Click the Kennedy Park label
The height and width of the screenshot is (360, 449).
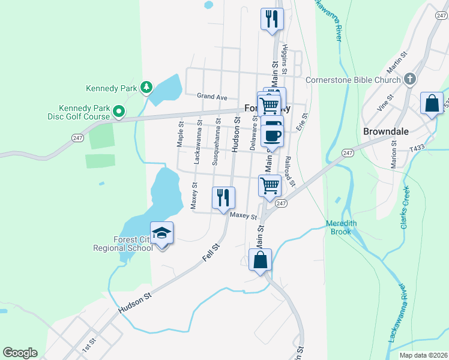112,88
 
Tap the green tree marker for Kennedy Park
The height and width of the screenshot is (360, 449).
146,88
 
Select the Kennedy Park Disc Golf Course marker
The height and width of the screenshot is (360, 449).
119,111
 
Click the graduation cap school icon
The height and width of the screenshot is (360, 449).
161,233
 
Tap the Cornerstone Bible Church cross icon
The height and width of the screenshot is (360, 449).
409,79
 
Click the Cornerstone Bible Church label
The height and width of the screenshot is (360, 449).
353,80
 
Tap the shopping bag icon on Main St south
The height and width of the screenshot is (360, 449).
260,260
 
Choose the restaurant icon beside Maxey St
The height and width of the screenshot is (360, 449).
223,198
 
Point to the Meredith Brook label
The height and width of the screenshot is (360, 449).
341,227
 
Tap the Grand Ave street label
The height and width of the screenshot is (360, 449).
212,97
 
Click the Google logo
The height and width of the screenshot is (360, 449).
20,353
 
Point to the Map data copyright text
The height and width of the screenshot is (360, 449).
423,355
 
